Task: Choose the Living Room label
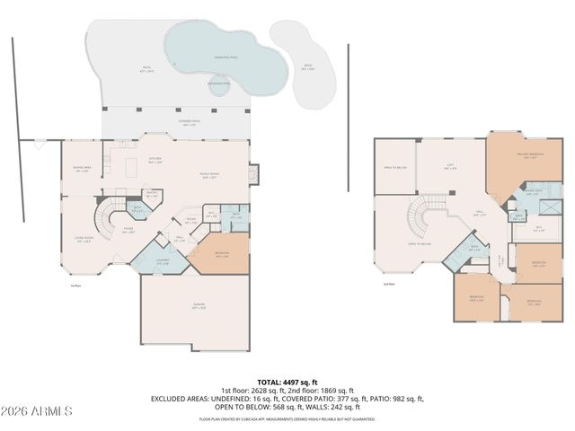[84, 239]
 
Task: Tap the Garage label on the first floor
[194, 308]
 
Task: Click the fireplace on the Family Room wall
[254, 172]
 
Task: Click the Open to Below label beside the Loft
[394, 168]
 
